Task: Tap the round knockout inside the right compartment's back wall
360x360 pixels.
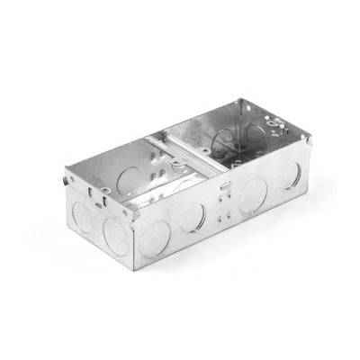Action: pos(226,136)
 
